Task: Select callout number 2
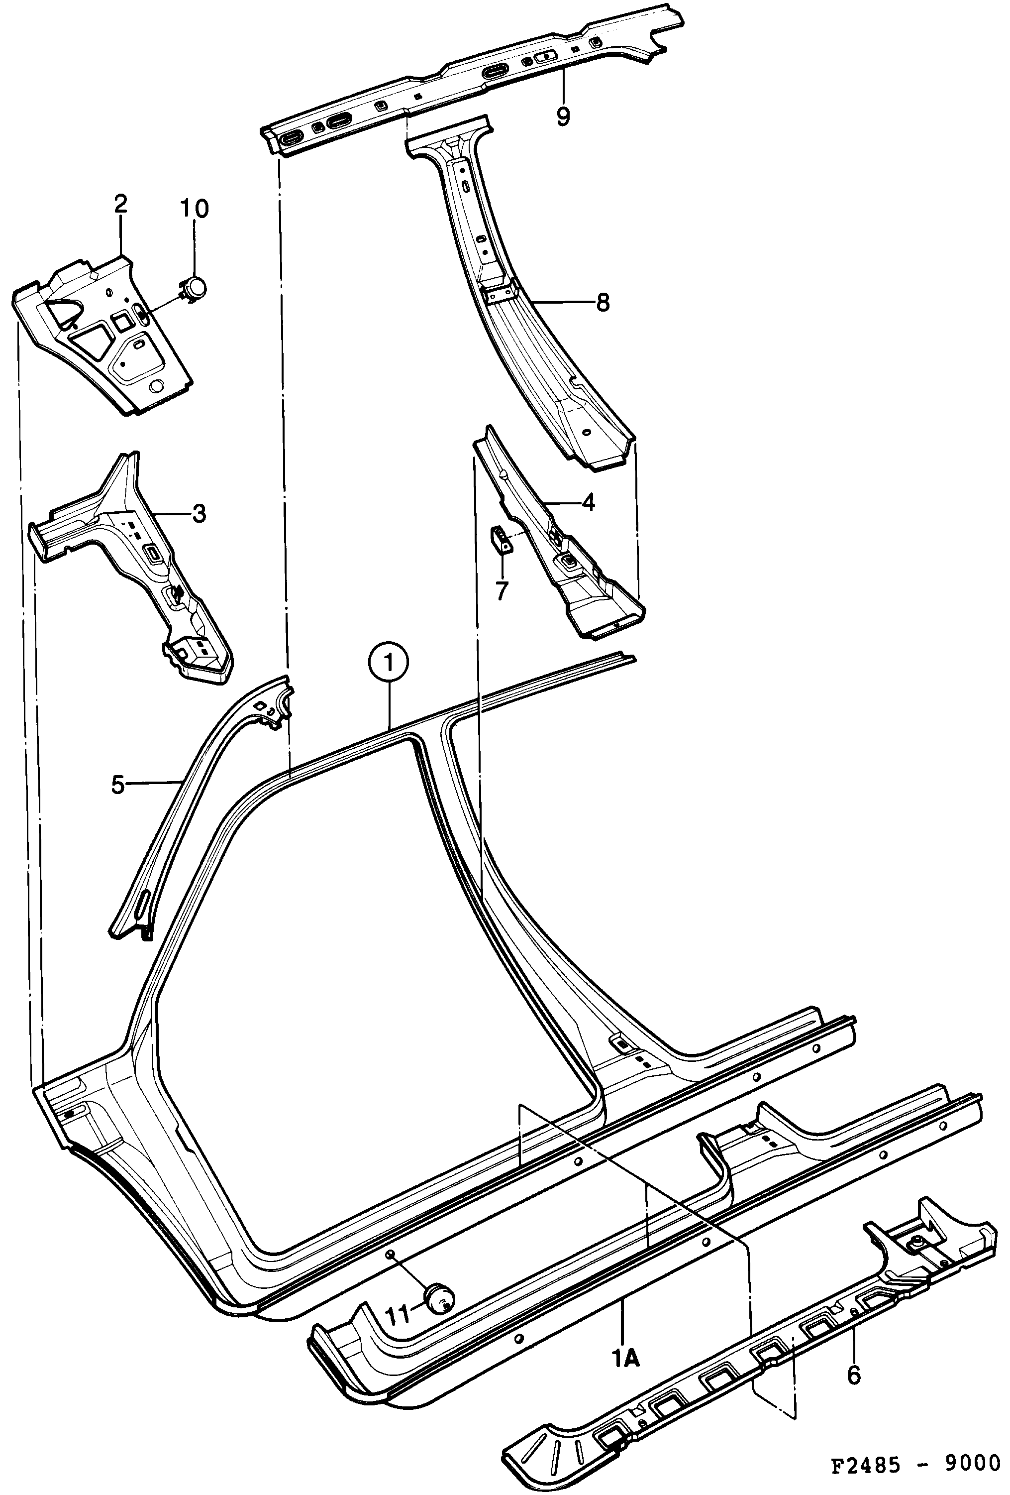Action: (120, 205)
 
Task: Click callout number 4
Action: (588, 502)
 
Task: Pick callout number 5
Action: (117, 785)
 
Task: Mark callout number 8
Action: (603, 302)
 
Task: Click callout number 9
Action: (563, 116)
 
